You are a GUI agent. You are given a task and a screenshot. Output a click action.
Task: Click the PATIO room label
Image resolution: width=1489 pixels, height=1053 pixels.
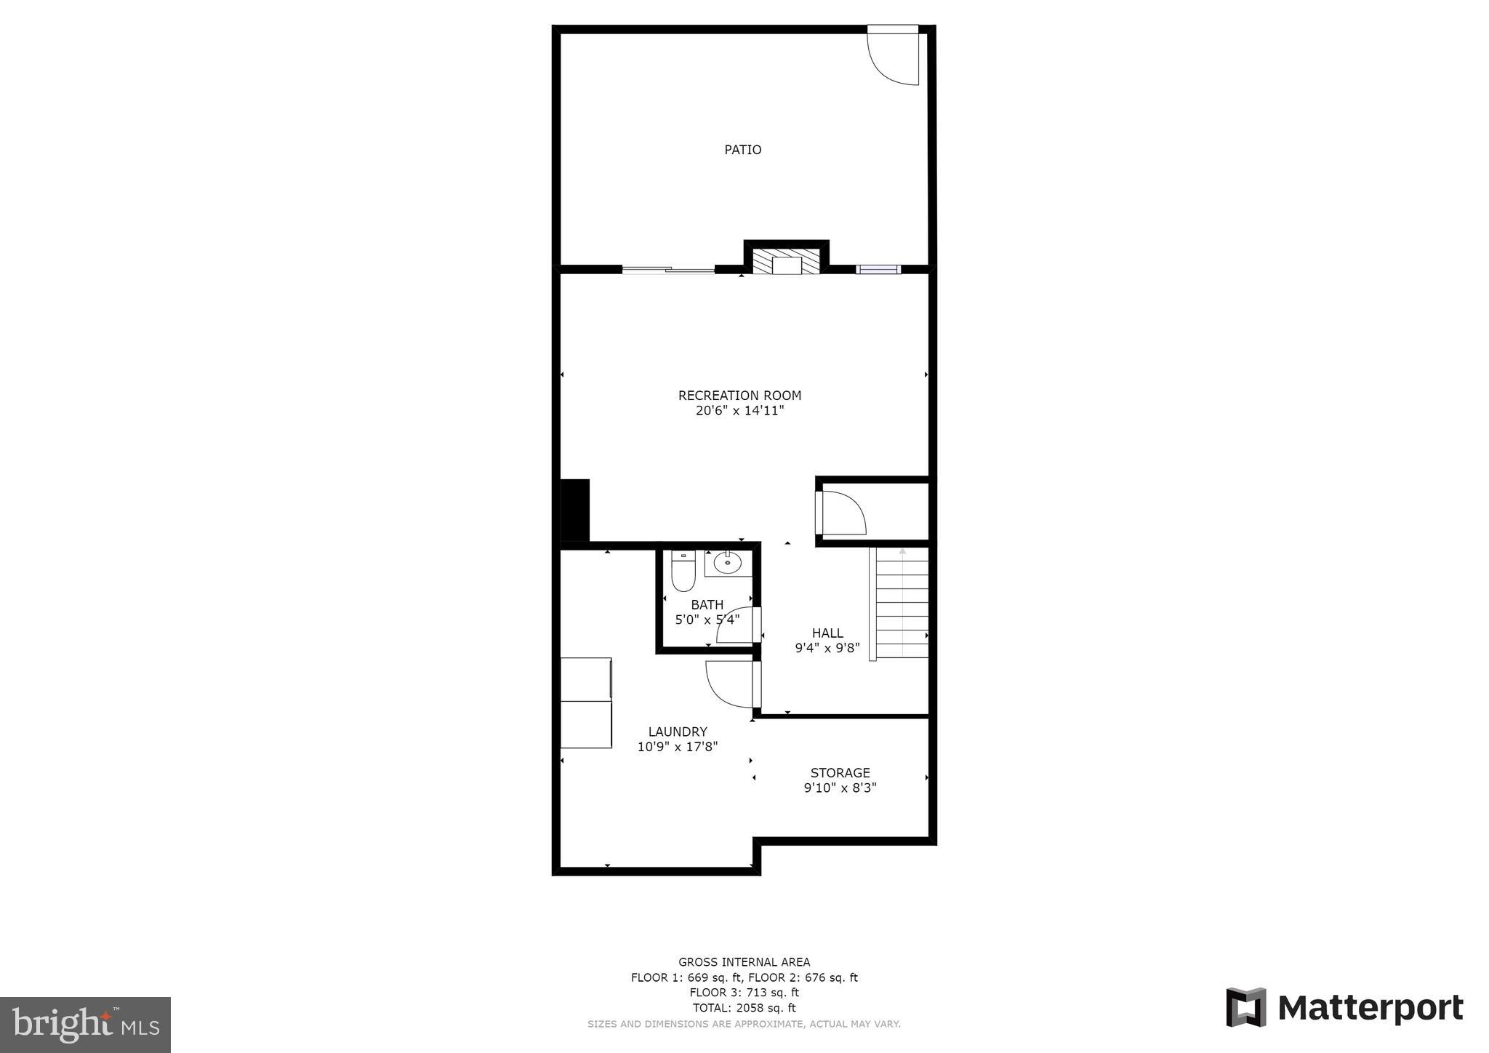pos(742,150)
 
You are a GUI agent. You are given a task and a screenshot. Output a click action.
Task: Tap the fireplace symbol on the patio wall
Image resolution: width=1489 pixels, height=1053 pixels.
pos(786,263)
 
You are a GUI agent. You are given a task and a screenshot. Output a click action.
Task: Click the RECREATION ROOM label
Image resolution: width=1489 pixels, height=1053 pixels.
pos(739,396)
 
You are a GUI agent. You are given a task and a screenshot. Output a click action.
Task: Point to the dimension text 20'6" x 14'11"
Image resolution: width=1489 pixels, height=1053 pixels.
pos(739,411)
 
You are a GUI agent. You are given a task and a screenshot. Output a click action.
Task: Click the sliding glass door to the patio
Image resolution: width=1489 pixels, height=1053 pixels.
pos(668,270)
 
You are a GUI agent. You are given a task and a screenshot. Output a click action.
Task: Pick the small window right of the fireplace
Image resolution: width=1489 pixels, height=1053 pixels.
pos(878,269)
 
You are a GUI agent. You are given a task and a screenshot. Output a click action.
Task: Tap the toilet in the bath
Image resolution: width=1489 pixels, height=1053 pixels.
pos(683,571)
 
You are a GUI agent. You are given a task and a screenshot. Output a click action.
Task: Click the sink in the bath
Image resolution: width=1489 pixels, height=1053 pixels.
pos(727,563)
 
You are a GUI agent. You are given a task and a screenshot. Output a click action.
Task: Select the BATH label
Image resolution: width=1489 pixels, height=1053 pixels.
pos(707,605)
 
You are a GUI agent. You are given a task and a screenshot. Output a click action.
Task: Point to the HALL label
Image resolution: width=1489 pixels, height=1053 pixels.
pos(827,633)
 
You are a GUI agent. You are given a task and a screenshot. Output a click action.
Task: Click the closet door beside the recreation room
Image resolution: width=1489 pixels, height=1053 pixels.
pos(840,513)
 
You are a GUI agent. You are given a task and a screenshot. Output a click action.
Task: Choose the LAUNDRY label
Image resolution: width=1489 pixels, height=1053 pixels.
pos(678,732)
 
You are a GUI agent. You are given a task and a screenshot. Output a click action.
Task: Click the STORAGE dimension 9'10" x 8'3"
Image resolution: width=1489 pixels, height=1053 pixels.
pos(840,788)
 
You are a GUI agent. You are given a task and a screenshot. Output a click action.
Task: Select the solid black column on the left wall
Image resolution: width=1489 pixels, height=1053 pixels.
pos(574,510)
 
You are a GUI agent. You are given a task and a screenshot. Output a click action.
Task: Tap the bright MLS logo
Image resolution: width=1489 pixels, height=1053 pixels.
pos(85,1025)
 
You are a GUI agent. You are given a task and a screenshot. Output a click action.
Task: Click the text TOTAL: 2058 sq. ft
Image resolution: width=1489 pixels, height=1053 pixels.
pos(744,1008)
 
